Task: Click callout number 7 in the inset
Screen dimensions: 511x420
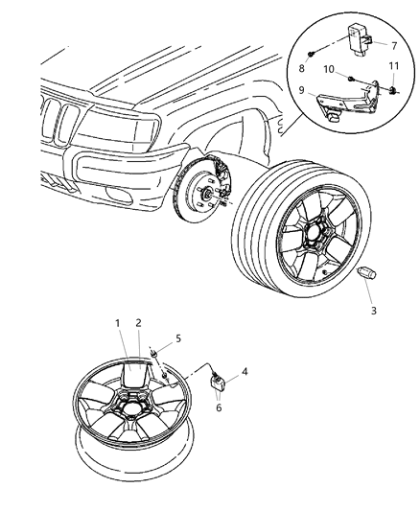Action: click(x=392, y=44)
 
